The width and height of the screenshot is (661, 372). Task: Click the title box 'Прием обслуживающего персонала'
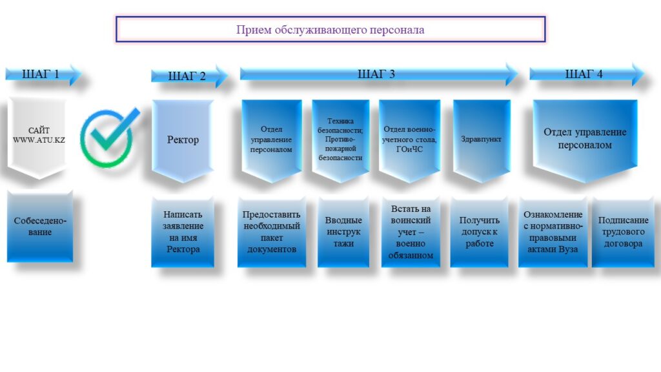tap(330, 30)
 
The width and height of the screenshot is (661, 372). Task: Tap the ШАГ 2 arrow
tap(189, 76)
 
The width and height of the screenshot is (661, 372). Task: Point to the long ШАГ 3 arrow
tap(378, 74)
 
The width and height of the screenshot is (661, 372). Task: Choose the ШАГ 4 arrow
tap(586, 74)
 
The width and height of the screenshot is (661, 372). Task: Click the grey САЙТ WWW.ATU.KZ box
tap(37, 138)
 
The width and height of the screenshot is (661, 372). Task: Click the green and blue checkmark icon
tap(109, 137)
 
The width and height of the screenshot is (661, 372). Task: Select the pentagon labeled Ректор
tap(183, 140)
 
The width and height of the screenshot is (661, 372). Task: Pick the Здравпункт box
tap(482, 140)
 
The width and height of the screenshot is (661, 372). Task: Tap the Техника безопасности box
tap(341, 140)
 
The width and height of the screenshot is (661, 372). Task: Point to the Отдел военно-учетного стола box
tap(409, 140)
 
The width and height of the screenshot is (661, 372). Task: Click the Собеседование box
tap(40, 227)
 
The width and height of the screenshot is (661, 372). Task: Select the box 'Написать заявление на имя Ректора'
tap(183, 232)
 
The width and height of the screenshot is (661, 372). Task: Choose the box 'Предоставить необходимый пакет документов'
tap(272, 232)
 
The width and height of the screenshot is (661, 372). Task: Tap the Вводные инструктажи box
tap(343, 232)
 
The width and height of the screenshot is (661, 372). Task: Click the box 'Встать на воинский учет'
tap(411, 232)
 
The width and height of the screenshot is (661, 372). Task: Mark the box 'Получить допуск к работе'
tap(480, 232)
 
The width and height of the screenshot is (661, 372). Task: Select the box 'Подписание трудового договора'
tap(623, 232)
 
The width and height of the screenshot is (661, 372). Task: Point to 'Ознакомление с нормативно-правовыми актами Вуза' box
tap(553, 232)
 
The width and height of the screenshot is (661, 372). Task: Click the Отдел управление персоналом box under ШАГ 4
tap(585, 140)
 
